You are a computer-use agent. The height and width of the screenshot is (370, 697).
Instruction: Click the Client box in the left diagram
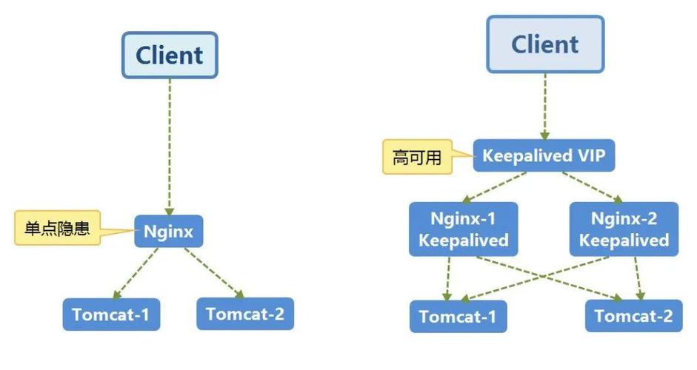click(x=170, y=55)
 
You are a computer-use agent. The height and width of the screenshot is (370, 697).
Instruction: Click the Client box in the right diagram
click(x=544, y=44)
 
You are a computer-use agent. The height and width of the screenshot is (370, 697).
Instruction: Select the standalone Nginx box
click(x=168, y=232)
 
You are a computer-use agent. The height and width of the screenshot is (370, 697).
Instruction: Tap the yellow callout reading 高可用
click(x=417, y=157)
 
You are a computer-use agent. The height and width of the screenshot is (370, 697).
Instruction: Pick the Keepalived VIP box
click(x=544, y=156)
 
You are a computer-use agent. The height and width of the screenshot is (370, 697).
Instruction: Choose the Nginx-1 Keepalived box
click(x=463, y=229)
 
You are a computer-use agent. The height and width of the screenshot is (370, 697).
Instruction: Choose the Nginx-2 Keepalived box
click(x=624, y=229)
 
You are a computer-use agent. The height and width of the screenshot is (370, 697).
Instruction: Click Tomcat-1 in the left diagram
click(x=111, y=314)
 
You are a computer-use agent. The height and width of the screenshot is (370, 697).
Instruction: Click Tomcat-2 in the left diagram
click(x=244, y=314)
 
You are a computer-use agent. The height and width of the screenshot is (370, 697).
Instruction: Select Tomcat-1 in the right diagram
click(x=457, y=317)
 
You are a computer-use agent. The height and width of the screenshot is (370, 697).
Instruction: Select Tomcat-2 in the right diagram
click(x=633, y=317)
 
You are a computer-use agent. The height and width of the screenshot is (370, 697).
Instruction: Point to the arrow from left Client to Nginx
click(x=170, y=148)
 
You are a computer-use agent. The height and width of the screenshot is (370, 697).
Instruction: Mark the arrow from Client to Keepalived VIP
click(x=544, y=107)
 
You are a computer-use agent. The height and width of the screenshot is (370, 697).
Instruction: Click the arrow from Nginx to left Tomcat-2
click(x=210, y=272)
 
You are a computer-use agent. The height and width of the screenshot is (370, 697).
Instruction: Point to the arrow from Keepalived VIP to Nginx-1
click(x=496, y=186)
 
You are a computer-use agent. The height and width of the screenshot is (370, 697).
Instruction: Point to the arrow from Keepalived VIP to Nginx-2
click(x=593, y=186)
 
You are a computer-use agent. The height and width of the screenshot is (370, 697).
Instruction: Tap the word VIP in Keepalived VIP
click(x=590, y=156)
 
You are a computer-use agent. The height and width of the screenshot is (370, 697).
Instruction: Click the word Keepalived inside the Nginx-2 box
click(x=624, y=240)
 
